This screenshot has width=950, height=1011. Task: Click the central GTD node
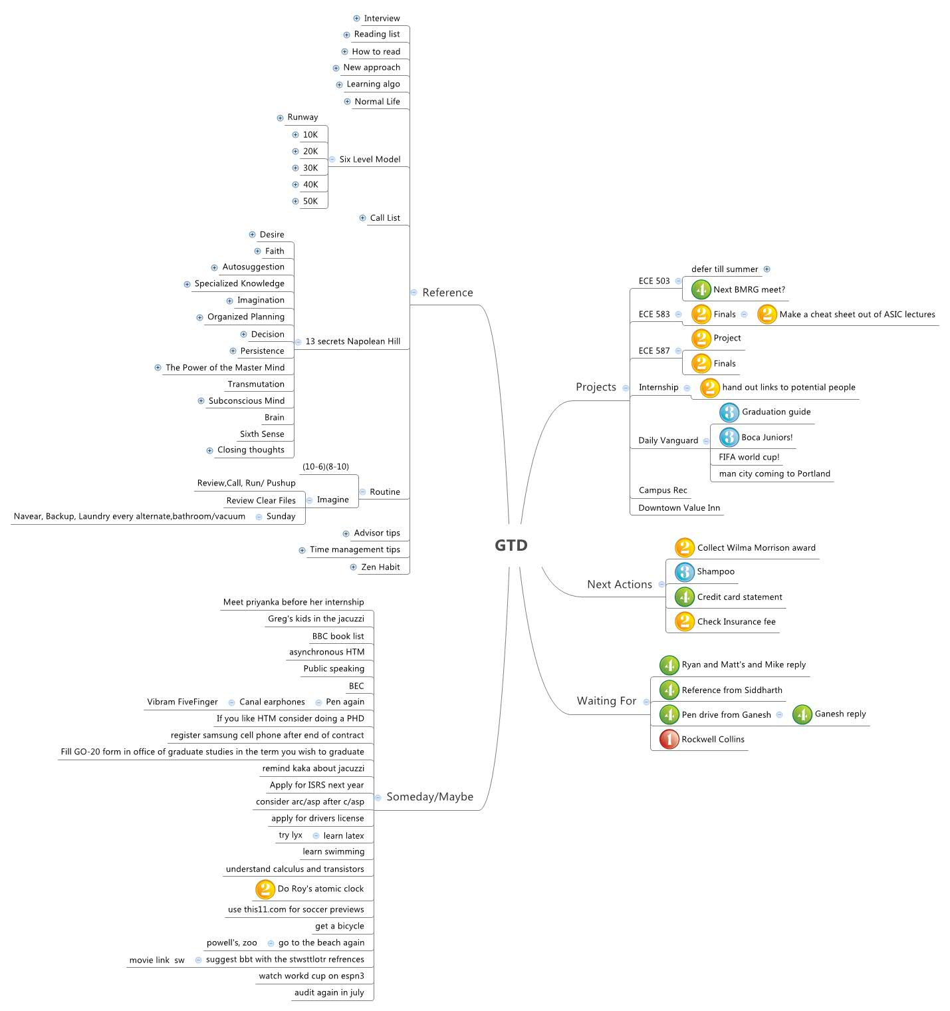coord(511,545)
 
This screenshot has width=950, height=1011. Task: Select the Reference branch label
coord(447,293)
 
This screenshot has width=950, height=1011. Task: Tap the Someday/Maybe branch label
coord(429,797)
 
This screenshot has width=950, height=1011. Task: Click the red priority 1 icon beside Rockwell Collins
coord(669,739)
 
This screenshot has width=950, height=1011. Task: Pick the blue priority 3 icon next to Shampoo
coord(684,572)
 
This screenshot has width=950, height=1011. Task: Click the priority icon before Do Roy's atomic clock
coord(265,889)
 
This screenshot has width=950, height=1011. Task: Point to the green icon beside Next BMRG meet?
coord(701,289)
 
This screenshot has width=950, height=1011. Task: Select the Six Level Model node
coord(370,160)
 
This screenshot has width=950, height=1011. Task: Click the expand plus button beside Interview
coord(357,19)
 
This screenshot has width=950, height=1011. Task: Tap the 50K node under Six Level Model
coord(310,202)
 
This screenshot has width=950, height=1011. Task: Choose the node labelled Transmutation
coord(256,384)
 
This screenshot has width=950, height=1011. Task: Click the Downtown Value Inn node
coord(679,508)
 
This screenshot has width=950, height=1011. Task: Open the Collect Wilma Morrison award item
coord(756,548)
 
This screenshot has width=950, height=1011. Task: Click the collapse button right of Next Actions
coord(661,585)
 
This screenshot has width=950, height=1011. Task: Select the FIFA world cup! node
coord(749,457)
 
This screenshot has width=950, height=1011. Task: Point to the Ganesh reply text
coord(840,714)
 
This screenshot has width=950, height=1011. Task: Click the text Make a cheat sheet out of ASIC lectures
coord(857,315)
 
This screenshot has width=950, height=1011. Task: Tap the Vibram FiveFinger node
coord(182,702)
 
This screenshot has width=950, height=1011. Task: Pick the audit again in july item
coord(329,993)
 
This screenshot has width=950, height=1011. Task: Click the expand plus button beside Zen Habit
coord(354,567)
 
